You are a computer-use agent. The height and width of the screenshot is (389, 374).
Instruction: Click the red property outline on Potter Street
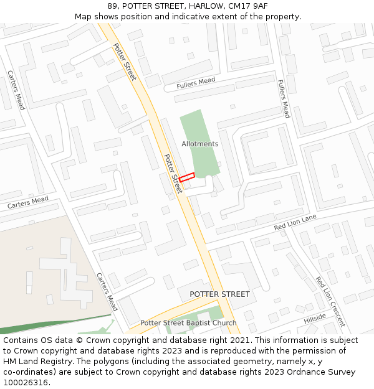click(187, 177)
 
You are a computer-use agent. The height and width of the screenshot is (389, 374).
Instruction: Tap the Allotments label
click(200, 144)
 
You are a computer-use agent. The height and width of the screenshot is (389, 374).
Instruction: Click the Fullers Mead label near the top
click(196, 83)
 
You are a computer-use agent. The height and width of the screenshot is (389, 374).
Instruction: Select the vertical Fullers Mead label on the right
click(284, 98)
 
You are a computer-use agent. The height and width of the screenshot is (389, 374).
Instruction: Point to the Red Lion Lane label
click(295, 222)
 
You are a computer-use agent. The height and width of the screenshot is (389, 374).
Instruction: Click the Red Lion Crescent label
click(330, 301)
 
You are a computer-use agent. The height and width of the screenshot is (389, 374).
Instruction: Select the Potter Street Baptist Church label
click(188, 323)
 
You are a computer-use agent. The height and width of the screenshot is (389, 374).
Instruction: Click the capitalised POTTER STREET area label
click(219, 294)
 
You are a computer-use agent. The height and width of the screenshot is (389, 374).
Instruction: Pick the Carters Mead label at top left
click(16, 90)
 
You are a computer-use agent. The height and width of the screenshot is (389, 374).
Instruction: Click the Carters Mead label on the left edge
click(27, 202)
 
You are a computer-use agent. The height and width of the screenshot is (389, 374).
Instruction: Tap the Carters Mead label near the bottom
click(107, 292)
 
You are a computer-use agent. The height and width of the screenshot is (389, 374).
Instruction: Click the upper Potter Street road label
click(125, 62)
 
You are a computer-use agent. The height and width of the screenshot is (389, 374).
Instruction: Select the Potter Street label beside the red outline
click(173, 174)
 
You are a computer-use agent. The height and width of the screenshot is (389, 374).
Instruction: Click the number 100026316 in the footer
click(26, 382)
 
